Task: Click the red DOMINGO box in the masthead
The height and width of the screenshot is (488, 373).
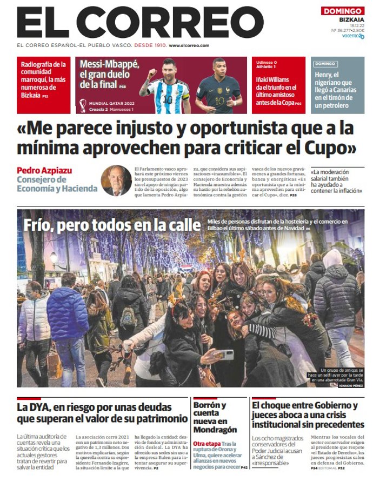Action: point(343,11)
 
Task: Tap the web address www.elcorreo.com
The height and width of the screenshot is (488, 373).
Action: point(189,46)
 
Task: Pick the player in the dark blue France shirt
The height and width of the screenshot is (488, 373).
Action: point(218,86)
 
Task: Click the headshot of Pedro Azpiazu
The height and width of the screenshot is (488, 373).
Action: point(116,180)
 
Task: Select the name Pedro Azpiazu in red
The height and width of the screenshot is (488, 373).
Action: point(44,171)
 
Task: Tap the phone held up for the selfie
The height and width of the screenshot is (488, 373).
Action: point(224,355)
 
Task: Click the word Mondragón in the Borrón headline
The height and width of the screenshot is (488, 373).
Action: point(215,430)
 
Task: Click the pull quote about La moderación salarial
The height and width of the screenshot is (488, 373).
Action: point(336,182)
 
